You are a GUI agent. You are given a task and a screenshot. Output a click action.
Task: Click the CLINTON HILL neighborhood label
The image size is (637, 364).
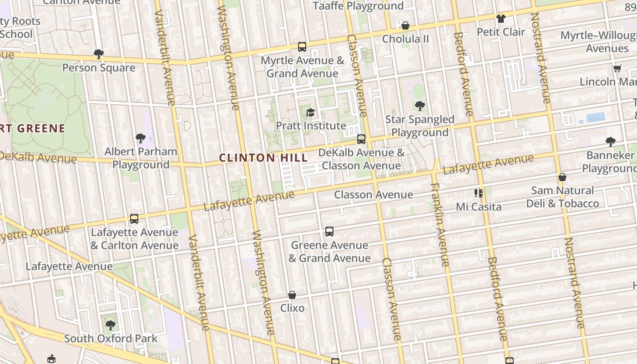pos(263,158)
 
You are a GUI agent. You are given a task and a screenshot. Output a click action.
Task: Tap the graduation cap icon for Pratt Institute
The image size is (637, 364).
pos(310,112)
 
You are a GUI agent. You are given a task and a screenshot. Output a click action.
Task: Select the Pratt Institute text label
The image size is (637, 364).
pos(311,126)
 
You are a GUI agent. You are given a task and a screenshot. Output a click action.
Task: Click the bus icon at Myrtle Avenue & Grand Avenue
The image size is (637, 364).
pos(302,47)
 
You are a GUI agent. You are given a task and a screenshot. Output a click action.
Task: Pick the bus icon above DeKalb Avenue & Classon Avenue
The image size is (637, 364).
pos(361,139)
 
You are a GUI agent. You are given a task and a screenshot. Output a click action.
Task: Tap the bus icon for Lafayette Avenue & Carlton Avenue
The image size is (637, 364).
pos(134,219)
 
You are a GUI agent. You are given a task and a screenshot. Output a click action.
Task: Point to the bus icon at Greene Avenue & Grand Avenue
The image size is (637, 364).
pos(329,232)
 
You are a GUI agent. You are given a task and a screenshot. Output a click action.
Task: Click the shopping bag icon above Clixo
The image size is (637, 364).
pos(292,295)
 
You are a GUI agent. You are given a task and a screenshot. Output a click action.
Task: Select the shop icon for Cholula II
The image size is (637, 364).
pos(405,25)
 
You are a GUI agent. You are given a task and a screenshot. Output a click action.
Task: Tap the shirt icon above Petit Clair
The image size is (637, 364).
pos(501,19)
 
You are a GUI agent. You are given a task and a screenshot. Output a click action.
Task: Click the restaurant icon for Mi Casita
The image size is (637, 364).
pos(479,193)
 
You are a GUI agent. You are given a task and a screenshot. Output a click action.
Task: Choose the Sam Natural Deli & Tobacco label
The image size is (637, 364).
pos(562,197)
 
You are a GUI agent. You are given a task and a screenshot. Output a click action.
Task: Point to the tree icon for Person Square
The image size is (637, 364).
pos(99,54)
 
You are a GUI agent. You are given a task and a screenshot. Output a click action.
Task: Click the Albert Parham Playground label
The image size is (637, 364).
pos(141,158)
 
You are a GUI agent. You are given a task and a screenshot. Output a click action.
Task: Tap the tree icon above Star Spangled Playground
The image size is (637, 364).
pos(420,106)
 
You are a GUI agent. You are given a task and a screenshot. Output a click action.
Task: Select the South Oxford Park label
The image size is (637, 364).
pos(111,339)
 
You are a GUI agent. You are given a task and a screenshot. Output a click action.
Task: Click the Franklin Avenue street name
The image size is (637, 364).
pos(440,225)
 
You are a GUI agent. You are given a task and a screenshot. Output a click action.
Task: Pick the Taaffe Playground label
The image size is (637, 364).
pos(358,6)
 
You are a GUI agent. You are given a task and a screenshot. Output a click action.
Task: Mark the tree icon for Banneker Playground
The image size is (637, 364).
pos(611,142)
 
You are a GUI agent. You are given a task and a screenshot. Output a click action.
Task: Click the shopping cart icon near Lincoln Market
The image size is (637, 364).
pos(617,69)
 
